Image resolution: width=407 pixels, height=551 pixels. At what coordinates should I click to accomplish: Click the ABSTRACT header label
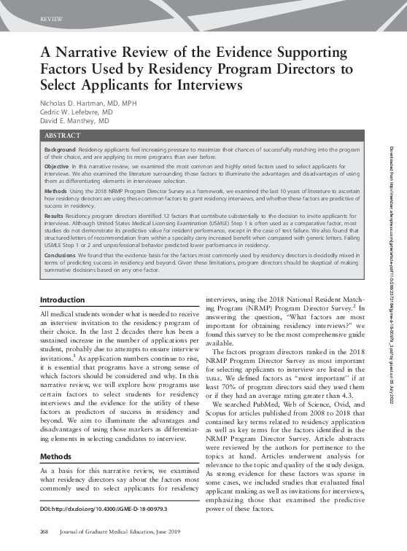click(x=63, y=136)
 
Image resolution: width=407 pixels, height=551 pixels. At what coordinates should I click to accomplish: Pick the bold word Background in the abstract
click(x=61, y=149)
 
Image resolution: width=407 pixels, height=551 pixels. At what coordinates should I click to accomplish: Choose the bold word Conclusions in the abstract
click(x=61, y=256)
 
